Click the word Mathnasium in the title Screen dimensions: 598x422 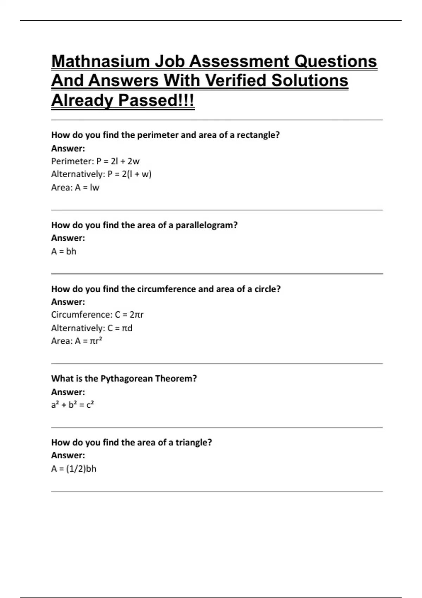(100, 62)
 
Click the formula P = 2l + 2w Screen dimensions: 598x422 (118, 161)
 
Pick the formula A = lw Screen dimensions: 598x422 (87, 187)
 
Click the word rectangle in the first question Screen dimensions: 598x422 (258, 135)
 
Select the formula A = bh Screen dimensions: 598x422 (64, 252)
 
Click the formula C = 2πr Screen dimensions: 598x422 (129, 314)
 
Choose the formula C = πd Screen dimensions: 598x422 (120, 328)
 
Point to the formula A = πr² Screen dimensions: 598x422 (88, 341)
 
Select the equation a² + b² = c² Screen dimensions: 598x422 (72, 405)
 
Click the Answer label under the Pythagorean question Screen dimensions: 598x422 (68, 392)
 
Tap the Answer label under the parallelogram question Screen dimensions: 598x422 (68, 238)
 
